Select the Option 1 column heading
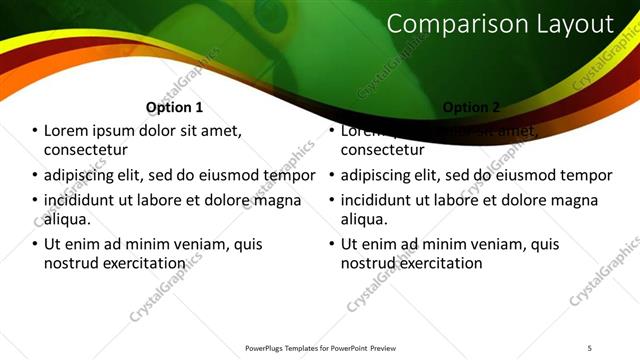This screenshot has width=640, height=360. pos(174,107)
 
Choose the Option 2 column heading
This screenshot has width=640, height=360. pos(470,107)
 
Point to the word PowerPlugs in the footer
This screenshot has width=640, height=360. pos(266,348)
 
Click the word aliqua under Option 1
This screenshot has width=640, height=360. pos(67,219)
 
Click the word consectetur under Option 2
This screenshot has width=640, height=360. pos(385,150)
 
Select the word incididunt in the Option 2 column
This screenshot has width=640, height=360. pos(379,200)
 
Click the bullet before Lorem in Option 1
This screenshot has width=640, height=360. pos(35,131)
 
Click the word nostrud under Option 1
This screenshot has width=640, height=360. pos(71,263)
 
